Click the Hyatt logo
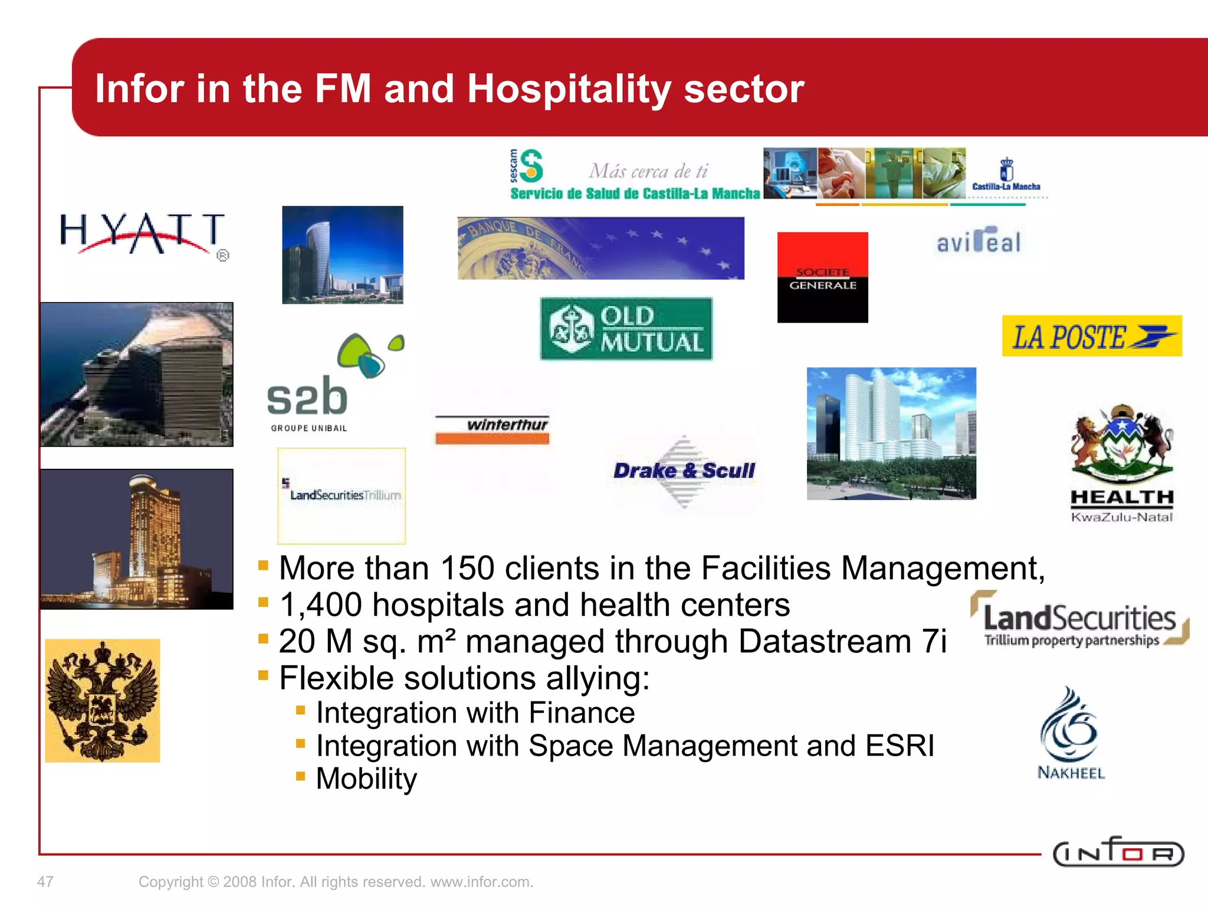click(x=142, y=234)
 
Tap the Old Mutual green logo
click(x=626, y=329)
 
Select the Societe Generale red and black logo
click(x=822, y=277)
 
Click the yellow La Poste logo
click(x=1091, y=336)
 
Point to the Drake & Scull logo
click(x=684, y=471)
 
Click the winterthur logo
click(x=493, y=429)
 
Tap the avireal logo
click(x=979, y=241)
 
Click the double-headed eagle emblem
click(x=103, y=700)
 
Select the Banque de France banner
click(x=600, y=248)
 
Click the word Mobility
click(x=366, y=779)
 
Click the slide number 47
click(x=45, y=882)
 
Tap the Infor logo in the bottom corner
click(x=1118, y=852)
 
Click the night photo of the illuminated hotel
click(x=137, y=539)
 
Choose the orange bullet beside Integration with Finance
click(x=300, y=711)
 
